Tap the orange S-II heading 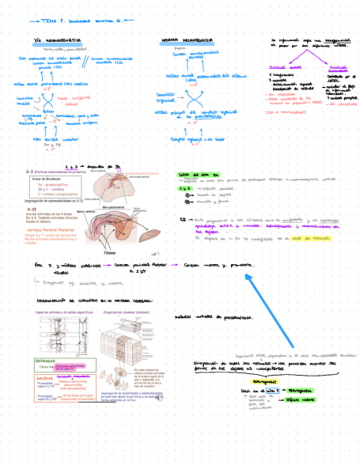[x=31, y=209]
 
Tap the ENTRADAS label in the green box [x=46, y=361]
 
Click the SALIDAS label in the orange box [x=44, y=378]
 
